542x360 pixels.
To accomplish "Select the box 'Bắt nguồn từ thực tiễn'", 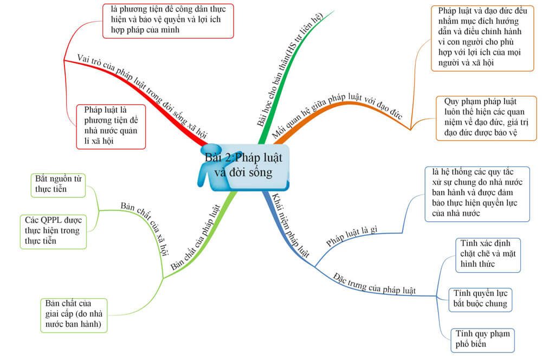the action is [x=58, y=185].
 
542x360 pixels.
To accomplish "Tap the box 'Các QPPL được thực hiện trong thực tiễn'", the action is [x=53, y=232].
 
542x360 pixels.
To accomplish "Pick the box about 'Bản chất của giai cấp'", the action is [x=74, y=316].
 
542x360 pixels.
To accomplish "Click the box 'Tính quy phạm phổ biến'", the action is [x=482, y=340].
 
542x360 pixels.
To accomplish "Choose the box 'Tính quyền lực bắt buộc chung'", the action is [x=480, y=300].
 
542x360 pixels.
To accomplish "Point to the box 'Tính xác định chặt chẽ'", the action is [x=488, y=255].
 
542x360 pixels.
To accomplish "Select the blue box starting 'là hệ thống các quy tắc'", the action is [x=478, y=194].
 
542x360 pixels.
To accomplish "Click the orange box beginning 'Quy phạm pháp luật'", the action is [x=486, y=118].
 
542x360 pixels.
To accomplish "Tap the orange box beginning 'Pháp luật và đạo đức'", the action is [x=482, y=38].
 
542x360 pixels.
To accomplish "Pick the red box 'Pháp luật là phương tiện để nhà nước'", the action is [x=111, y=126].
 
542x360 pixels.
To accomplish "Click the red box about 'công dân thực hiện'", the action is [x=169, y=21].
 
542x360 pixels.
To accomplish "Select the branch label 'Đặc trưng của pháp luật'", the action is [x=375, y=284].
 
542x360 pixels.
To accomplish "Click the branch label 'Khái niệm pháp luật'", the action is [x=291, y=226].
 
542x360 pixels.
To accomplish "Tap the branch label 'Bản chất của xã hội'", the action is [x=145, y=228].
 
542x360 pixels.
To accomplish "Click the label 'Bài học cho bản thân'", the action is [x=289, y=69].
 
